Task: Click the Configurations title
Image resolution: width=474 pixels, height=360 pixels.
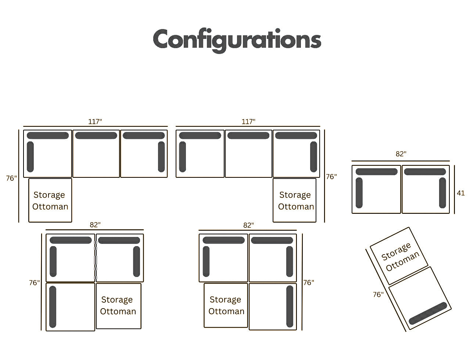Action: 237,40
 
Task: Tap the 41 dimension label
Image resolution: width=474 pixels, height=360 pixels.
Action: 461,193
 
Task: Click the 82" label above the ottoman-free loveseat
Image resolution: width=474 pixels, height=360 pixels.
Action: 401,154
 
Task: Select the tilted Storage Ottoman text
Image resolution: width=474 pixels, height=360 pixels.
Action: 400,256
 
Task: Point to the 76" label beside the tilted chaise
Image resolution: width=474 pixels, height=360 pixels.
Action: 378,295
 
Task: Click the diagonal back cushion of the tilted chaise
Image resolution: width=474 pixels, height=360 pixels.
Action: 428,313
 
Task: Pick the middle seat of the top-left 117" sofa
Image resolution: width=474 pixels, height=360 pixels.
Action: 96,154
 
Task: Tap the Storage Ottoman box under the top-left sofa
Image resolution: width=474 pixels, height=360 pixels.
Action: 50,201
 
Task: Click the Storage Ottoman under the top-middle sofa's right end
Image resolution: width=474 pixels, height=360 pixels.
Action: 295,201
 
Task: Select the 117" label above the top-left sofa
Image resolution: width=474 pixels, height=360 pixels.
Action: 95,122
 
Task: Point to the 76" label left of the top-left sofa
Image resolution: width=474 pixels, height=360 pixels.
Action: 11,178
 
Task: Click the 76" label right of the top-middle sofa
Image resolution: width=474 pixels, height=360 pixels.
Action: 331,177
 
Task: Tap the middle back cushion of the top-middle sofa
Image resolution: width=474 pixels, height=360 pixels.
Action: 248,136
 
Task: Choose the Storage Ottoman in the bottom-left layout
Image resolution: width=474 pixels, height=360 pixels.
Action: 118,306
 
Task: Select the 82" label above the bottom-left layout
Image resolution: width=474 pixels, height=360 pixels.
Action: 95,225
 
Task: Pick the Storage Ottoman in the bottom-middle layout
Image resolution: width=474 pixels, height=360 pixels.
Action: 226,305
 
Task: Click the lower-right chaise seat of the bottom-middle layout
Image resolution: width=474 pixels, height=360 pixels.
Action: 273,307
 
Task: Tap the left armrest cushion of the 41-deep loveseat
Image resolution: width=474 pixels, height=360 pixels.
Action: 359,193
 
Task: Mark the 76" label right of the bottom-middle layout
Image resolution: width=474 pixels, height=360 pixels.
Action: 309,283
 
